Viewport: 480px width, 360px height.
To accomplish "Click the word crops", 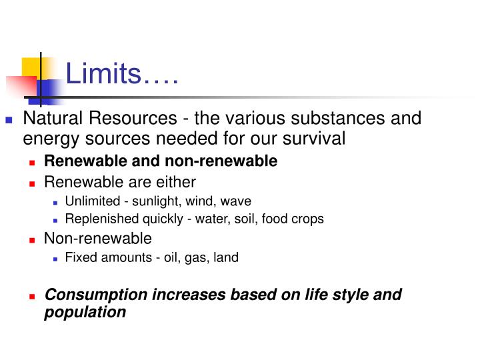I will pyautogui.click(x=308, y=219).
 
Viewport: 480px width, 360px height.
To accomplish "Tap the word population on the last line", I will pyautogui.click(x=85, y=311).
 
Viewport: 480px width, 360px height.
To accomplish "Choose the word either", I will pyautogui.click(x=175, y=181).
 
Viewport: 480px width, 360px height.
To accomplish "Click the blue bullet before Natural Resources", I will pyautogui.click(x=9, y=120).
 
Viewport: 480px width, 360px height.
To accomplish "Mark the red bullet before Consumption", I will pyautogui.click(x=31, y=295).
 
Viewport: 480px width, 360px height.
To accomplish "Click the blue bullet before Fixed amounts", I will pyautogui.click(x=56, y=258).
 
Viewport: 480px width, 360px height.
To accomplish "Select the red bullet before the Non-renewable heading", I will pyautogui.click(x=31, y=239).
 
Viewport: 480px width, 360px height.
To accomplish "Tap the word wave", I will pyautogui.click(x=238, y=201).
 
